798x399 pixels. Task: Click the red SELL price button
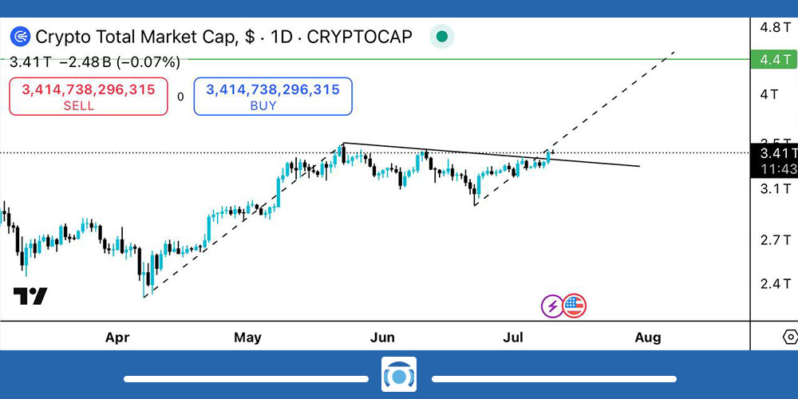(89, 97)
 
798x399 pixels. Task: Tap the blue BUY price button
(273, 97)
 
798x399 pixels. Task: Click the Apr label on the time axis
(117, 338)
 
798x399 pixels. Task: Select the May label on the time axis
(247, 338)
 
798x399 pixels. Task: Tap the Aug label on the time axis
(648, 338)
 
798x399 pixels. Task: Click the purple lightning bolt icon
(552, 305)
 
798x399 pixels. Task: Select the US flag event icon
(575, 305)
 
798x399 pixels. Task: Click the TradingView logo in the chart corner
(30, 296)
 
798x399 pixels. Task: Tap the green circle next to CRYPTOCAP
(441, 37)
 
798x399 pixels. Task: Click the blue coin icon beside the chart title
(21, 37)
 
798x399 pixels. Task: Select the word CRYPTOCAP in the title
(360, 37)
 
